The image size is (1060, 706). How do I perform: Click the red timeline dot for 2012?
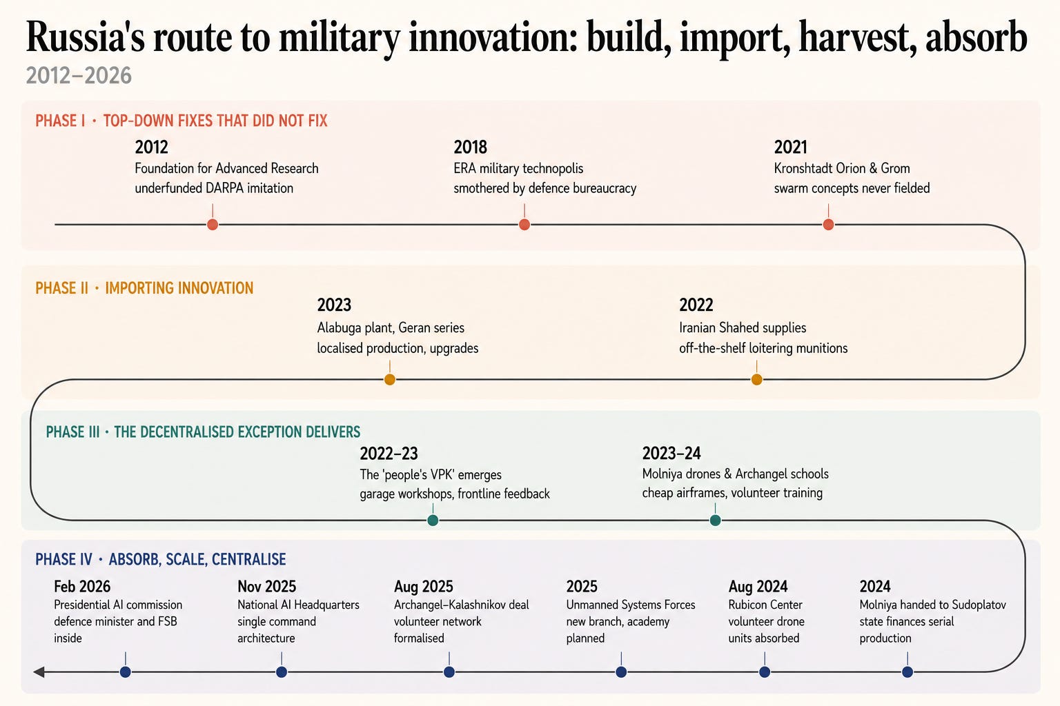tap(213, 225)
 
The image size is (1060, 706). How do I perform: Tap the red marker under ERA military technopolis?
tap(524, 225)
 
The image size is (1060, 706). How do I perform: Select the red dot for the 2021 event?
tap(828, 225)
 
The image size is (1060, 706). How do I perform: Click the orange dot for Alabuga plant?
tap(389, 379)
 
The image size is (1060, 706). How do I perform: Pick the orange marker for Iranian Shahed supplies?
tap(756, 379)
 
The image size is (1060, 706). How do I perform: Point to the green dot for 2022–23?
tap(433, 520)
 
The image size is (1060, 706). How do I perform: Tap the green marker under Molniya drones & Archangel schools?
tap(715, 520)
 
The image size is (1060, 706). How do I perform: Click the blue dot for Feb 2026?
tap(126, 672)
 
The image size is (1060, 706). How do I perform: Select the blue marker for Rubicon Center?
tap(764, 672)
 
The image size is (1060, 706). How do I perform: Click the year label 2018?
tap(471, 147)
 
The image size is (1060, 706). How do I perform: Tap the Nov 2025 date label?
tap(267, 586)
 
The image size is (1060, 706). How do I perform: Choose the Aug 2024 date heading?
tap(758, 586)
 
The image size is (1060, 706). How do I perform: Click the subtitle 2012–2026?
tap(79, 76)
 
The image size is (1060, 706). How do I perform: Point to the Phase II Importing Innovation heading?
tap(144, 288)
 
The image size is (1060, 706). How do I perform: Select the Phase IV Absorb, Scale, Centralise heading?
tap(160, 559)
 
